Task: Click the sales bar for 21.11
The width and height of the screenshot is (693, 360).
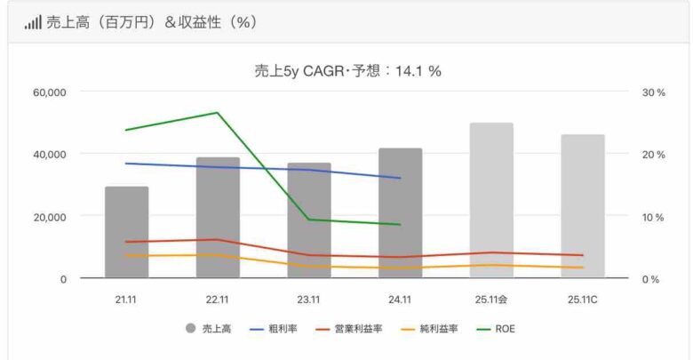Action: pyautogui.click(x=126, y=233)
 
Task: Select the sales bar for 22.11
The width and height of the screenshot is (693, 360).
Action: pyautogui.click(x=218, y=219)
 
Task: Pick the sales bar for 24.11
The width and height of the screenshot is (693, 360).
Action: pyautogui.click(x=400, y=213)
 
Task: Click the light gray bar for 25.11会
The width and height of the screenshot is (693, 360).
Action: pyautogui.click(x=491, y=201)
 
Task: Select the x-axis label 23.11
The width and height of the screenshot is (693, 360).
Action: pyautogui.click(x=308, y=300)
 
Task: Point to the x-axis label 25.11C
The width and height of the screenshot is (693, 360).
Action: pyautogui.click(x=582, y=300)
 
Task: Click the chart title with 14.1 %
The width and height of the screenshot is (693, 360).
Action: pyautogui.click(x=347, y=72)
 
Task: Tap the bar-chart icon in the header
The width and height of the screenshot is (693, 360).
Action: pyautogui.click(x=33, y=22)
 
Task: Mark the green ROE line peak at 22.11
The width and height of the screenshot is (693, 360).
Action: pyautogui.click(x=218, y=113)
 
